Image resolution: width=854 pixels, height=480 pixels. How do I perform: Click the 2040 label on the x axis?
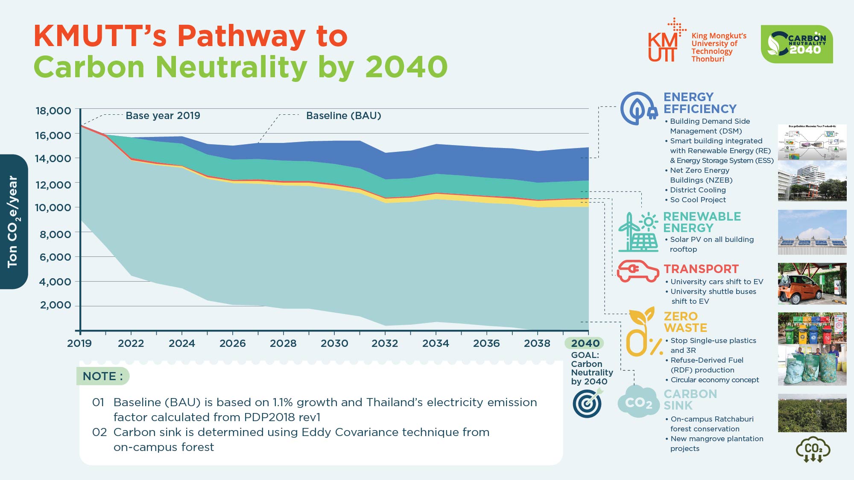pos(585,343)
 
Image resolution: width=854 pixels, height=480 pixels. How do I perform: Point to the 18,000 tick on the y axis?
pos(53,111)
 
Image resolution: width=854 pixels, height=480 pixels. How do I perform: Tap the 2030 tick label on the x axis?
pos(334,343)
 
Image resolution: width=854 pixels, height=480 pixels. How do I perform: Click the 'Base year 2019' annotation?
pos(163,116)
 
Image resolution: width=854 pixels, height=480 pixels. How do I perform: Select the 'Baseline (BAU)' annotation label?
pos(343,116)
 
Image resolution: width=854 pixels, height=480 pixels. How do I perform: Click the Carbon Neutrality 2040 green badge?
pos(796,44)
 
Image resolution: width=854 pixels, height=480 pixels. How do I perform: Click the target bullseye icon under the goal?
pos(588,403)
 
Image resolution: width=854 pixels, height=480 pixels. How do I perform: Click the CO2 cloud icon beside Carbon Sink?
pos(638,401)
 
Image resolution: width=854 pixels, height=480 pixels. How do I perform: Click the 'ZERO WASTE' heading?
pos(685,322)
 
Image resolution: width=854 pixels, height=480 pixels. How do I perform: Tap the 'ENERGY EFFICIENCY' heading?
pos(699,103)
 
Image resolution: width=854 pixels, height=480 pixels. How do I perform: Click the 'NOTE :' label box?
pos(103,376)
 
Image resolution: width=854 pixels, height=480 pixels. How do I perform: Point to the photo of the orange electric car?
pos(812,284)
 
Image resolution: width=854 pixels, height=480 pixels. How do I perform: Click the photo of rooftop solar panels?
pos(812,233)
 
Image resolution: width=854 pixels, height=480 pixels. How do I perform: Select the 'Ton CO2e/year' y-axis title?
pos(13,222)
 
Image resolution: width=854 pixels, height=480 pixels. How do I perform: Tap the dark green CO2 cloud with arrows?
pos(813,449)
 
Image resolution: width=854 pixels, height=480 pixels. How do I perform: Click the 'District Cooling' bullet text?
pos(698,190)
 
